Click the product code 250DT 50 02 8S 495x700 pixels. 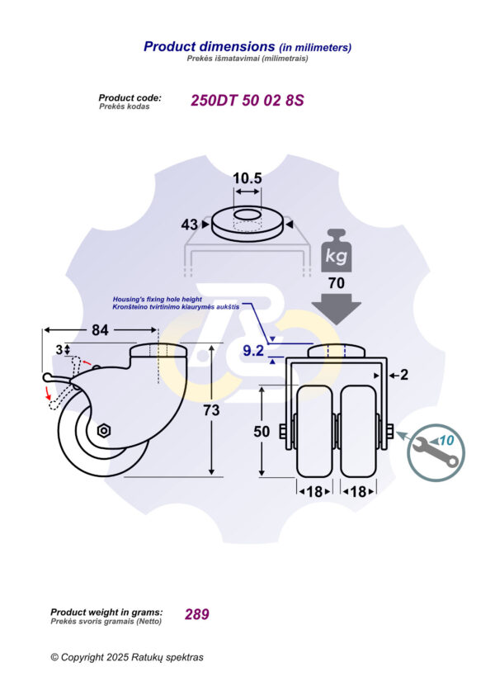click(247, 101)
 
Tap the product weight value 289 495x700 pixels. click(196, 614)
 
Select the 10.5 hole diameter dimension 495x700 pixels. click(247, 178)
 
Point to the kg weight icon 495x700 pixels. click(336, 250)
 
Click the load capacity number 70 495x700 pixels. click(335, 281)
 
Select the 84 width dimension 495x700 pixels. click(99, 331)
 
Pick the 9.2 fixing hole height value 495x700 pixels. click(253, 352)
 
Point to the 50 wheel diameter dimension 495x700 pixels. click(262, 432)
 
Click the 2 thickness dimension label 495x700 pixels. click(404, 375)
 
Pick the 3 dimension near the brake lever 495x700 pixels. click(59, 350)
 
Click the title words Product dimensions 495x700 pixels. click(208, 47)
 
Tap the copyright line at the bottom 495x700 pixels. click(126, 657)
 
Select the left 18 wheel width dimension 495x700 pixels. click(314, 491)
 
